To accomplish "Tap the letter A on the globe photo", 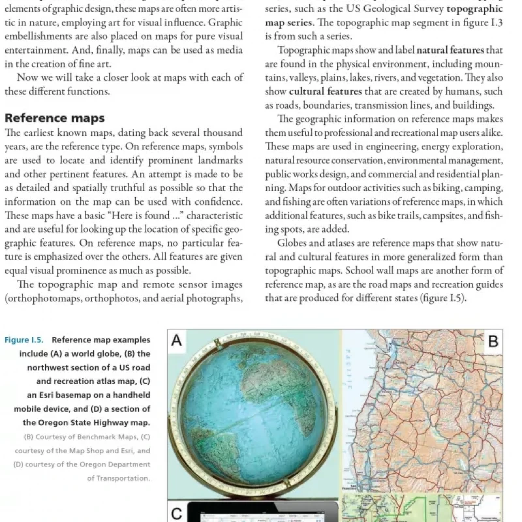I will point(177,340).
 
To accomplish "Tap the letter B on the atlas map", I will point(493,340).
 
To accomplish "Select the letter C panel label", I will point(177,514).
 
